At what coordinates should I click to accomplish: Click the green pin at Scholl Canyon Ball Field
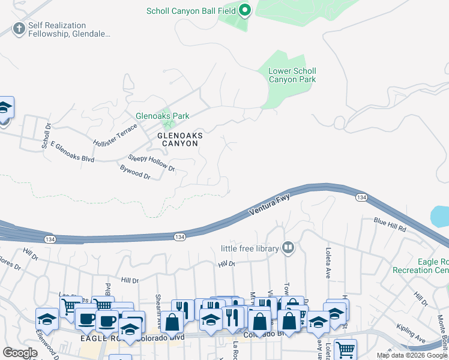pyautogui.click(x=244, y=10)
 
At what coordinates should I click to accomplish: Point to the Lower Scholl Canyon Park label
pyautogui.click(x=292, y=75)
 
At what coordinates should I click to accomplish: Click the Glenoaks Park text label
pyautogui.click(x=162, y=116)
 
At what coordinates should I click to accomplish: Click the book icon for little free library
pyautogui.click(x=288, y=248)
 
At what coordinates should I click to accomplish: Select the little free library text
pyautogui.click(x=250, y=248)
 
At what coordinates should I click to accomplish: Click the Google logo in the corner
pyautogui.click(x=20, y=353)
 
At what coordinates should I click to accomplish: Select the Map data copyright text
pyautogui.click(x=411, y=355)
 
